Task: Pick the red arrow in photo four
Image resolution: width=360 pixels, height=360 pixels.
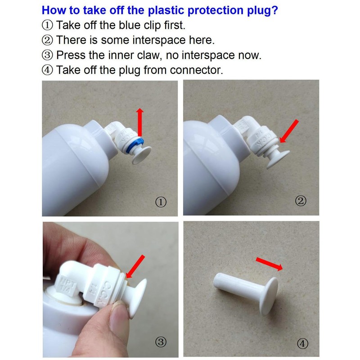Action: (x=269, y=264)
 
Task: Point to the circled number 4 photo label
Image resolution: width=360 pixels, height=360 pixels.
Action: (x=302, y=343)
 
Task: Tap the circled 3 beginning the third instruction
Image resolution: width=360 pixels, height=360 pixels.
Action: (x=48, y=55)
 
